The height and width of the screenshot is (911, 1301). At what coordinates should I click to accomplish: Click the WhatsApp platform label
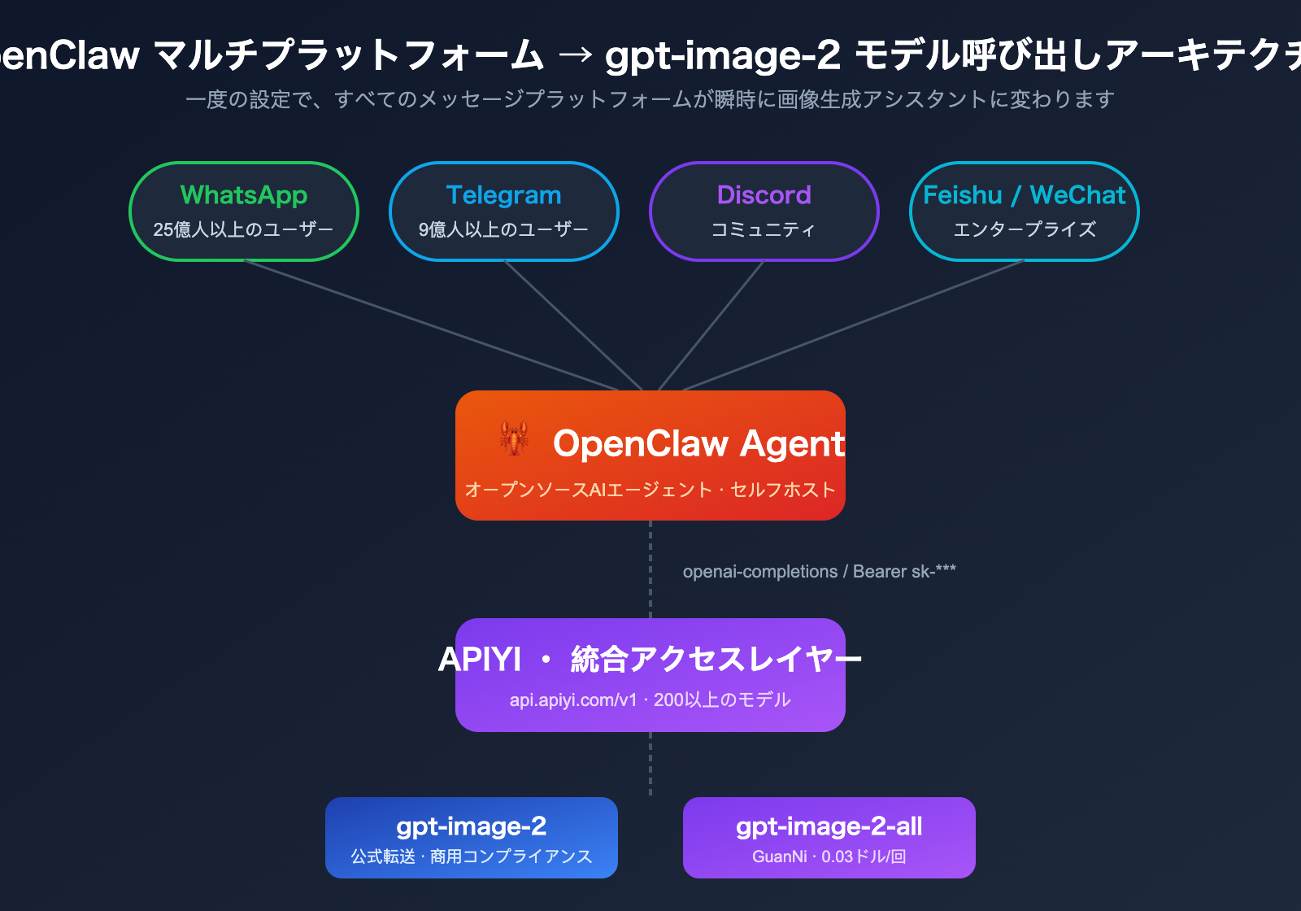click(244, 195)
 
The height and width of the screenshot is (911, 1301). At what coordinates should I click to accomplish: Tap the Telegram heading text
click(504, 195)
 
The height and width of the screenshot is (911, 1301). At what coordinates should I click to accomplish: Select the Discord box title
click(764, 195)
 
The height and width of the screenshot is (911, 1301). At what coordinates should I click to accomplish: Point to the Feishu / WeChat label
click(1025, 195)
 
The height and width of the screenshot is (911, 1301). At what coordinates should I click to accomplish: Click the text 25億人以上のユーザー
click(244, 229)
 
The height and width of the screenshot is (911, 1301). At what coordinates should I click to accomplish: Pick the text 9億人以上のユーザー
click(504, 229)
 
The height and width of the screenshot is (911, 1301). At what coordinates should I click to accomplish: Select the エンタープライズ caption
click(1025, 229)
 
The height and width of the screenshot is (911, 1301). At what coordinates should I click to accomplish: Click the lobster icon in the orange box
click(514, 438)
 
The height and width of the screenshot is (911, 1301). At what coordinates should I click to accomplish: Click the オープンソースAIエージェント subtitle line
click(650, 490)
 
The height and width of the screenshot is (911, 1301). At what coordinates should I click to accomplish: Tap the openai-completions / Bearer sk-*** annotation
click(820, 572)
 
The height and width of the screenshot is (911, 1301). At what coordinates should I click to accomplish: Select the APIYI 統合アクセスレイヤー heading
click(650, 659)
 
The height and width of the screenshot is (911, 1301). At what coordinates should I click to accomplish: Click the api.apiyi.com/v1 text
click(573, 700)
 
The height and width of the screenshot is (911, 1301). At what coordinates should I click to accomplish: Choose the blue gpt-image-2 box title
click(472, 826)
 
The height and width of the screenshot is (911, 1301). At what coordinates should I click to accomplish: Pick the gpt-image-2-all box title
click(829, 826)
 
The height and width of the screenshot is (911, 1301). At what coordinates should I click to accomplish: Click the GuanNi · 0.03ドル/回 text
click(829, 857)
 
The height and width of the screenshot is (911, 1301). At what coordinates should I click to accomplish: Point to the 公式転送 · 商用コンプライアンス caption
click(472, 857)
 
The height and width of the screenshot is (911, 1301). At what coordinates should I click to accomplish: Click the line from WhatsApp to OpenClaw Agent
click(431, 325)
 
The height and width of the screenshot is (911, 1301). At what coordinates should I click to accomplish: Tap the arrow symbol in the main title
click(575, 55)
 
